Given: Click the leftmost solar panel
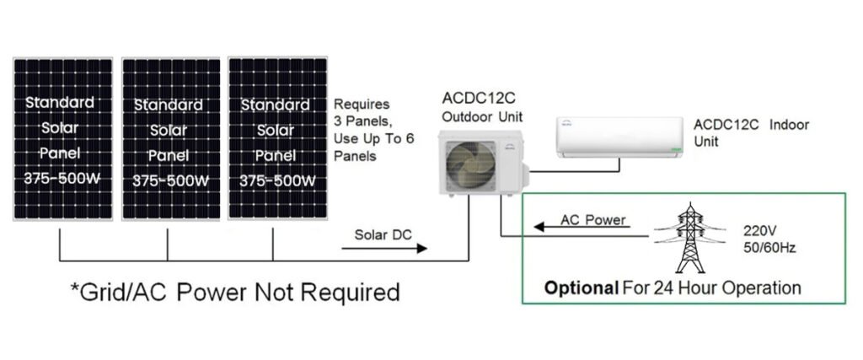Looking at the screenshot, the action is [x=62, y=139].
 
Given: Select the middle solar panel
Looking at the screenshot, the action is [x=171, y=139].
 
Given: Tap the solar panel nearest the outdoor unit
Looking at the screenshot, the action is [x=278, y=138].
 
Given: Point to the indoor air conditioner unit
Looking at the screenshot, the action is [x=619, y=137].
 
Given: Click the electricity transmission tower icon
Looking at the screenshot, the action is [x=690, y=238].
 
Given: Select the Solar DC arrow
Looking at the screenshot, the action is [x=384, y=248].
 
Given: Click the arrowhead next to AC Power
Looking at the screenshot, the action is [x=539, y=226].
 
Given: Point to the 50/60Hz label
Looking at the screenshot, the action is [x=769, y=248].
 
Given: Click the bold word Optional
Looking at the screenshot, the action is [x=582, y=287].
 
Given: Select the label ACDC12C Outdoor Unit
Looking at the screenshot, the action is [x=482, y=108].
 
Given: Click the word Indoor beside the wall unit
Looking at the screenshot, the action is [x=789, y=125].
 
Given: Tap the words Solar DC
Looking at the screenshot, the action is [x=383, y=235].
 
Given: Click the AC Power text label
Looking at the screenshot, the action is [x=593, y=220].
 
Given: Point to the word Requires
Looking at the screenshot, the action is [x=362, y=105].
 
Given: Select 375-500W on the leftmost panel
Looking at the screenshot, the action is [x=62, y=180].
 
